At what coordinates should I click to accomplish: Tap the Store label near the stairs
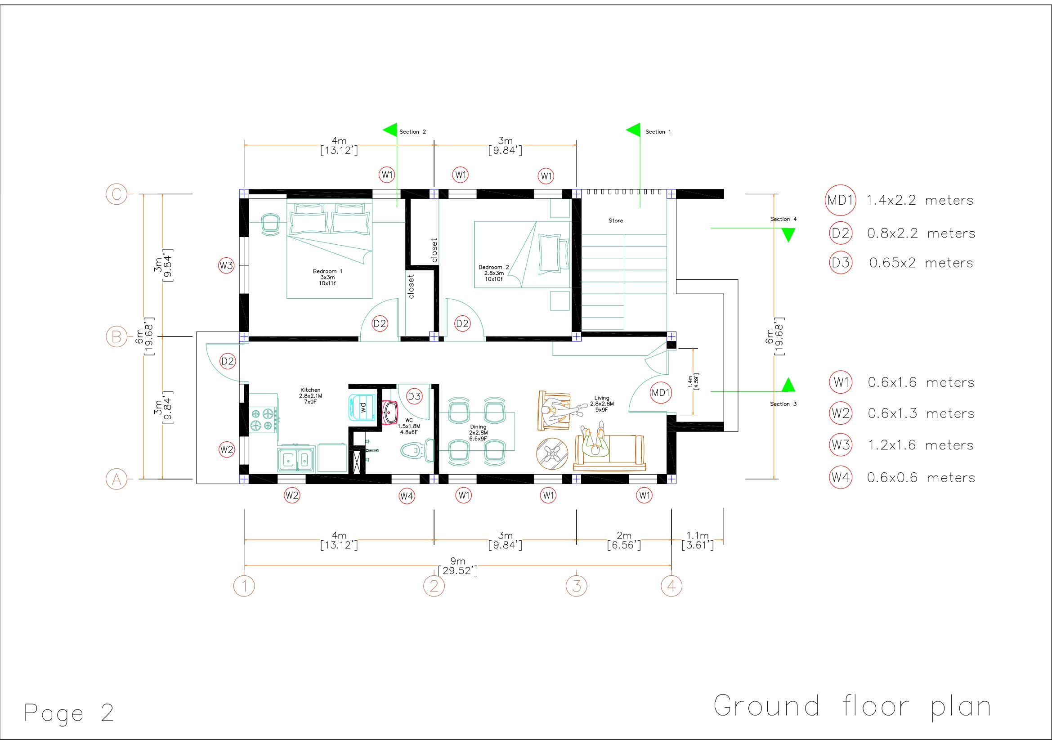615,220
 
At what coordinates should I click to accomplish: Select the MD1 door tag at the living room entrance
660,393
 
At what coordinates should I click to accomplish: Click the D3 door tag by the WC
414,396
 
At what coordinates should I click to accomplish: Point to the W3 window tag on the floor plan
226,265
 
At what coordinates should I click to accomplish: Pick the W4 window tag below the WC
407,495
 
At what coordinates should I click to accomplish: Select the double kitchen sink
295,459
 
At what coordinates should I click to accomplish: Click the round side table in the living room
552,453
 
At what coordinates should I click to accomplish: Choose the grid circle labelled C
116,194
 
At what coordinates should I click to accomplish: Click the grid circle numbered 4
671,586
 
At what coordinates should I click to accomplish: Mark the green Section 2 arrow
390,130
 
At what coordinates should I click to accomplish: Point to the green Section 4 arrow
788,235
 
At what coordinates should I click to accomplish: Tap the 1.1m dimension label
698,536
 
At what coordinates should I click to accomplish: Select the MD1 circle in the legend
840,200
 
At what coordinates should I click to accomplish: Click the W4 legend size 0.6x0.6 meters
921,478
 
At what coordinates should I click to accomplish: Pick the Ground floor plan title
852,706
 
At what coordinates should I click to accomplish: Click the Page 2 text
69,713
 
